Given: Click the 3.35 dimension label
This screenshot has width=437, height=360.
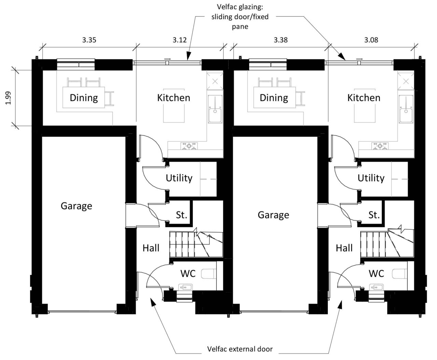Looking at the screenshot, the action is pyautogui.click(x=89, y=40).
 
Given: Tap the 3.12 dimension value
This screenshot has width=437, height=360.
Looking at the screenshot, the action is pyautogui.click(x=180, y=40).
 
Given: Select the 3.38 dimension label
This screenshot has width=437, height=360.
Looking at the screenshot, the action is pyautogui.click(x=281, y=40).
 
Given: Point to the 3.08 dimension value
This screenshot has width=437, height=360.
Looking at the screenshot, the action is pyautogui.click(x=371, y=40).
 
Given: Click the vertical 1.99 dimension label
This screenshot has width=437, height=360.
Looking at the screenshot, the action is pyautogui.click(x=8, y=98).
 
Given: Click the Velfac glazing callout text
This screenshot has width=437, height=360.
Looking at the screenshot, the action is pyautogui.click(x=240, y=17).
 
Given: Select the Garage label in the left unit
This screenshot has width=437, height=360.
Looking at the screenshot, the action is pyautogui.click(x=76, y=206).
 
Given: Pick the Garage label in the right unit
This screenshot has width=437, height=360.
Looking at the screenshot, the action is pyautogui.click(x=273, y=215).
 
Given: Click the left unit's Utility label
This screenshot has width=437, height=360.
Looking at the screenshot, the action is pyautogui.click(x=179, y=178).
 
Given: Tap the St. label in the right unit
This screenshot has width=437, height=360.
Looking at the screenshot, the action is pyautogui.click(x=374, y=215).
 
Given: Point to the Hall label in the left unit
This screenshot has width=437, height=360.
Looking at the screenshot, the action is pyautogui.click(x=151, y=248).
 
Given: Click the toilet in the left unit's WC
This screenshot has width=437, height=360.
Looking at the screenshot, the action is pyautogui.click(x=209, y=274).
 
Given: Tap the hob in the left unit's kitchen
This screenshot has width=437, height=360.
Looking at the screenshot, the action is pyautogui.click(x=189, y=146).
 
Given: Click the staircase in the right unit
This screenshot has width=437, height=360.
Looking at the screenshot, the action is pyautogui.click(x=387, y=243).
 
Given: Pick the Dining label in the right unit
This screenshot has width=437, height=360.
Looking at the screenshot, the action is pyautogui.click(x=274, y=98).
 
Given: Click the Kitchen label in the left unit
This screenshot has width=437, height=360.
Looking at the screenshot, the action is pyautogui.click(x=174, y=98).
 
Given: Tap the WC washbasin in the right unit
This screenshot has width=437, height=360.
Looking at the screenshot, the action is pyautogui.click(x=377, y=287).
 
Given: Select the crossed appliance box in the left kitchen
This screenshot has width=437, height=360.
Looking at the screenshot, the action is pyautogui.click(x=215, y=82).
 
